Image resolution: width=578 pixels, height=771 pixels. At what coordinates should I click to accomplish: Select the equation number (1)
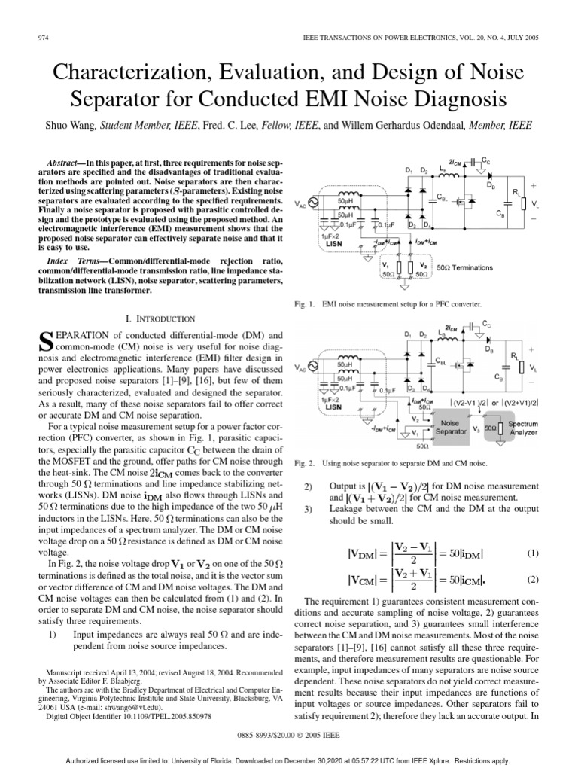[x=534, y=553]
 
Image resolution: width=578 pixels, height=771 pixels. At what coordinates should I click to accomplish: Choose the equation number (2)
[x=534, y=580]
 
